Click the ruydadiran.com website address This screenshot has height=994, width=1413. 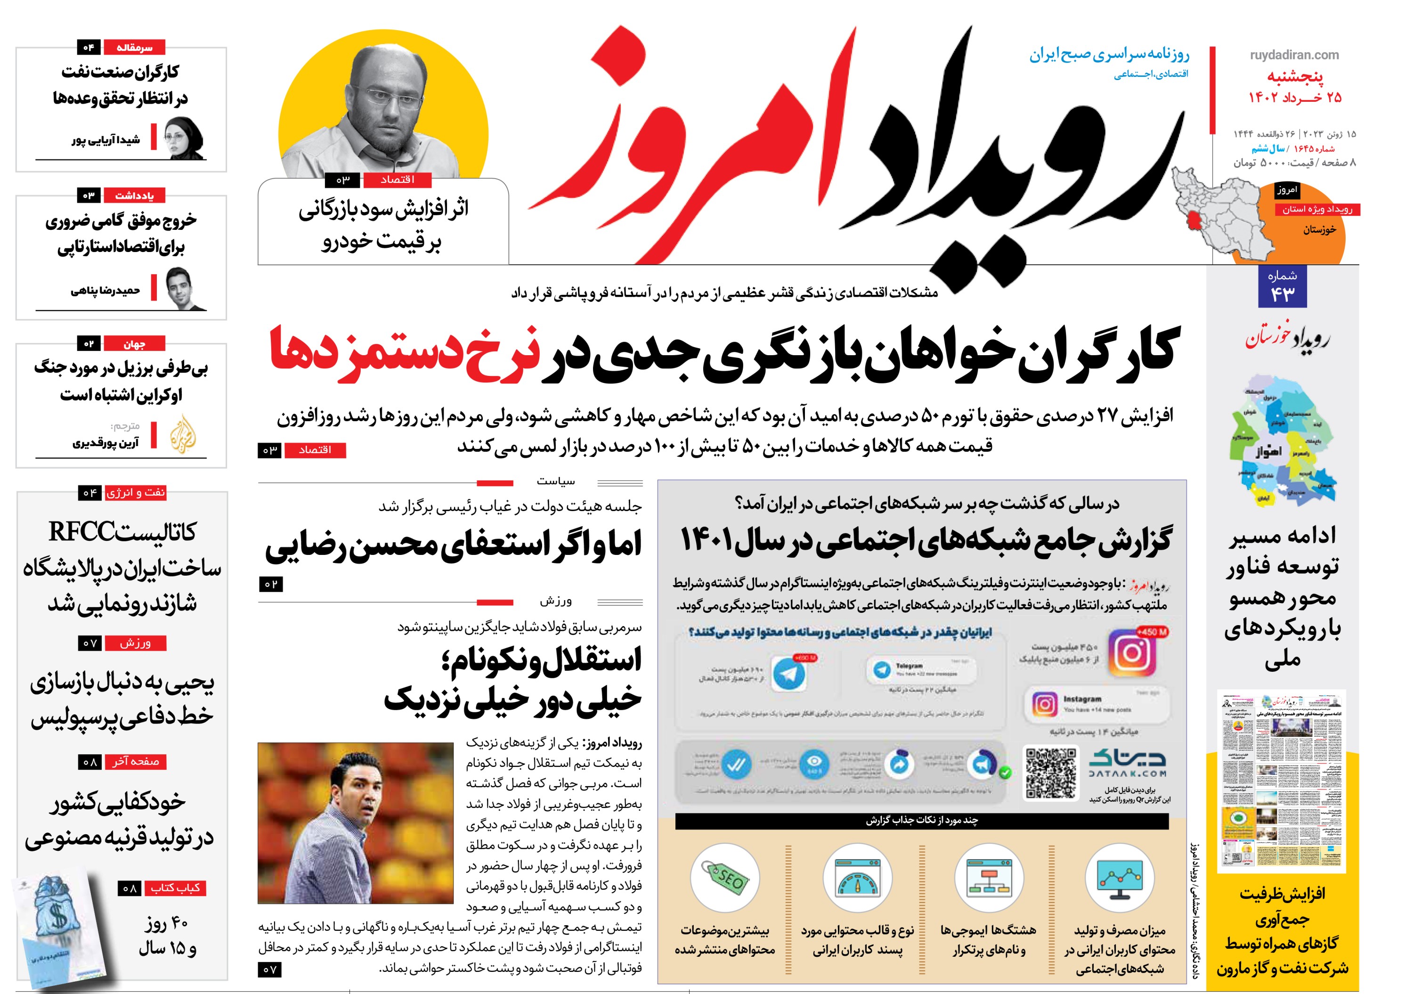[x=1294, y=55]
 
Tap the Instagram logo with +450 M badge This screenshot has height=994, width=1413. [x=1132, y=653]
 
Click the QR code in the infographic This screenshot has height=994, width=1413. [x=1050, y=773]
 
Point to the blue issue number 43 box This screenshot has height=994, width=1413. [x=1283, y=287]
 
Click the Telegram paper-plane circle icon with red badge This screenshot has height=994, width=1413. [x=789, y=673]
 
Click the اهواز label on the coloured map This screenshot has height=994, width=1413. [x=1269, y=451]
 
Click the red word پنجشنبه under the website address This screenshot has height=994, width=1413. [x=1295, y=77]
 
